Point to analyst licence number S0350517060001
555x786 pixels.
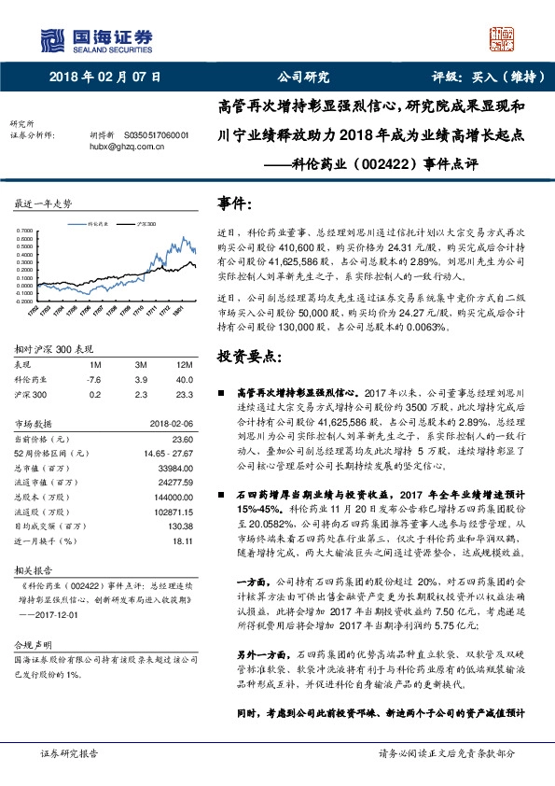pyautogui.click(x=150, y=134)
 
